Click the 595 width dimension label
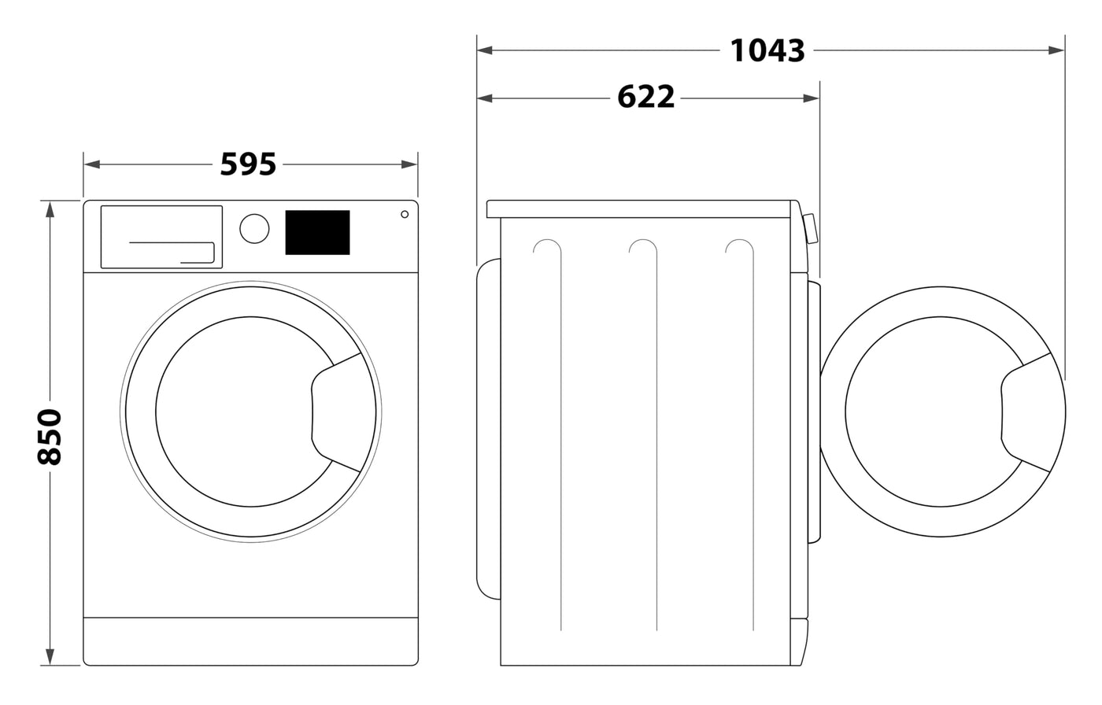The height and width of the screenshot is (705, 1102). (x=248, y=164)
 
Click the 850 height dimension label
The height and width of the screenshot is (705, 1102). (x=50, y=437)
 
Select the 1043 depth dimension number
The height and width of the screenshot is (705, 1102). (x=767, y=50)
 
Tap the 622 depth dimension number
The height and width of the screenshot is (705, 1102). (x=646, y=98)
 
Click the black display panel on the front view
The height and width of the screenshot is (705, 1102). (x=317, y=232)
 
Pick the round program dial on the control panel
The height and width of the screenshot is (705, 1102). (x=254, y=228)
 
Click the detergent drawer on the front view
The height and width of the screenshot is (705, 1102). (x=161, y=236)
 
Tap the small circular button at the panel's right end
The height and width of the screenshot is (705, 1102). (x=405, y=214)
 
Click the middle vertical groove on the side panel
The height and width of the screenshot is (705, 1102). (x=656, y=433)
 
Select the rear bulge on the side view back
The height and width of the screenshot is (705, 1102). (x=489, y=429)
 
